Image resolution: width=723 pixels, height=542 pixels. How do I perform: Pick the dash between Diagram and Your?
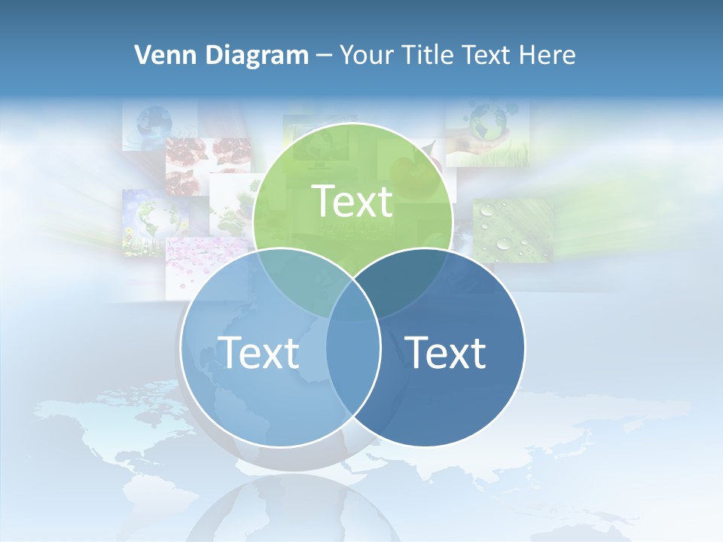point(325,56)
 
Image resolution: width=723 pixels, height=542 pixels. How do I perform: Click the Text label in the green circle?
point(352,201)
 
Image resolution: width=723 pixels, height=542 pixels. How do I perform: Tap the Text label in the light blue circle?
point(258,352)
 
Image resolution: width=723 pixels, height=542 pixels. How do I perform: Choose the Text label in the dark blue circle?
point(446,352)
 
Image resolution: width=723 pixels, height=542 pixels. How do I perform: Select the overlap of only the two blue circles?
point(353,369)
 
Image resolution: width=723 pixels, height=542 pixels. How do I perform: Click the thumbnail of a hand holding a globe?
point(487,132)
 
